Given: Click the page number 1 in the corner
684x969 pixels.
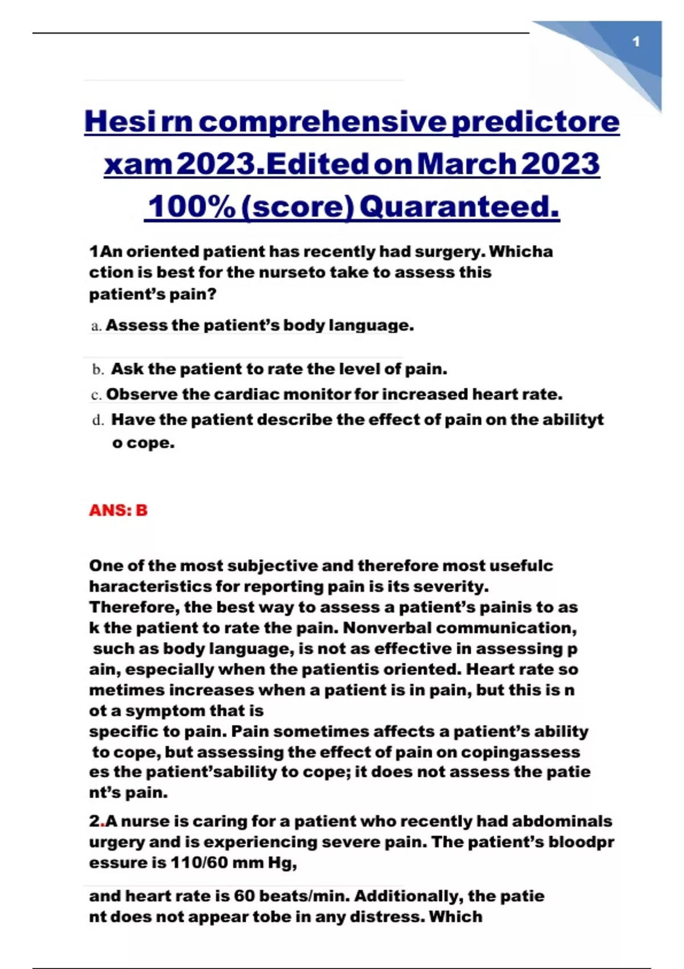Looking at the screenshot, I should [x=636, y=42].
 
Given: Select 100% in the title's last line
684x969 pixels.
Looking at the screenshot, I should [x=192, y=206].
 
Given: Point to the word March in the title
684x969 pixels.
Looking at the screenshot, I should [x=466, y=164].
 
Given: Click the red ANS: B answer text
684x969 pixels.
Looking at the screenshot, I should [x=118, y=510].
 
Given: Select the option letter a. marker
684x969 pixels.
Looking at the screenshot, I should [x=96, y=326].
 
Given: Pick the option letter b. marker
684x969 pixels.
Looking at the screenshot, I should [x=98, y=369].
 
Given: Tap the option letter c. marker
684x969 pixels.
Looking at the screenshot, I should [x=96, y=394].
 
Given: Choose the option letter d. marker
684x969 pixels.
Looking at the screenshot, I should [x=98, y=420].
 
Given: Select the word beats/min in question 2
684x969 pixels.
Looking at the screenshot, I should [x=304, y=896].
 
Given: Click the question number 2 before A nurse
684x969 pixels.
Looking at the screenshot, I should [x=94, y=821].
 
